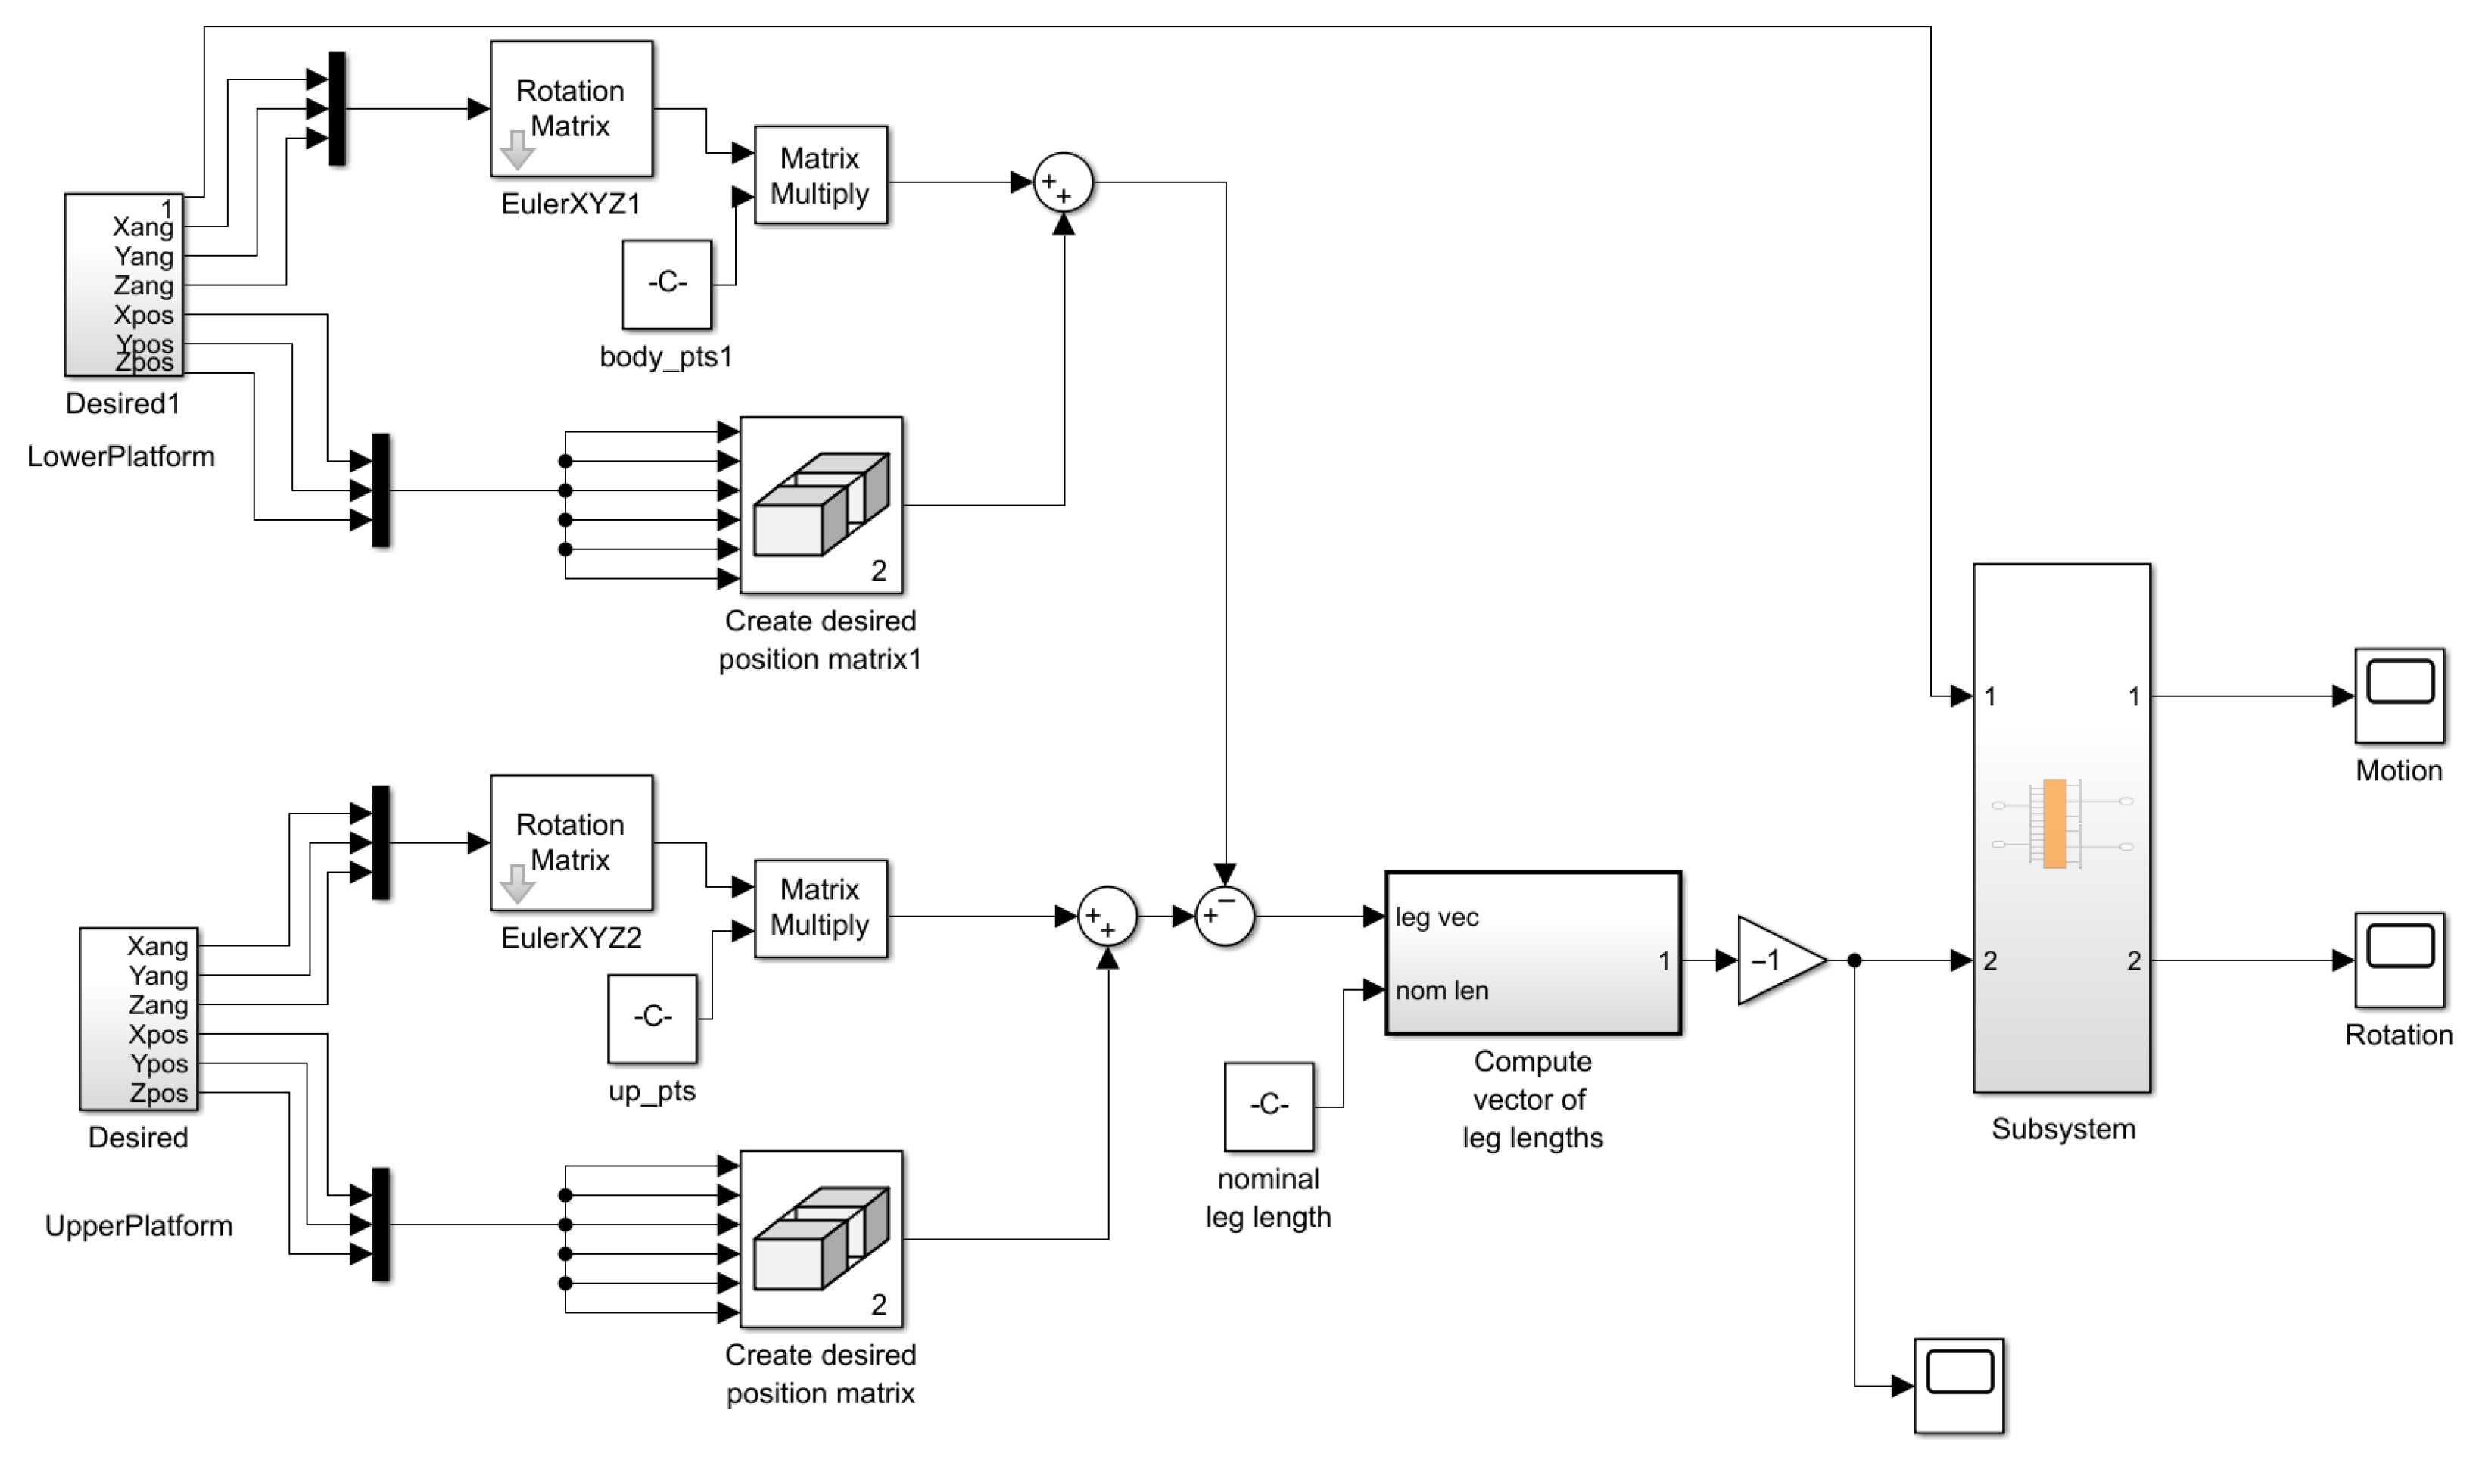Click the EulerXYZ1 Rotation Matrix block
[571, 108]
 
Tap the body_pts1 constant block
[666, 284]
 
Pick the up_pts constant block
[652, 1017]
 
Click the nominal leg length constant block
[1268, 1105]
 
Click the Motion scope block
[2398, 694]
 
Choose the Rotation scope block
[2398, 958]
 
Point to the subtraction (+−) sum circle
[1223, 916]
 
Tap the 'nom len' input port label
[1441, 990]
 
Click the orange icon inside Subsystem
[2054, 823]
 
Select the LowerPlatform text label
[120, 456]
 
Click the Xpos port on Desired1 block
[144, 315]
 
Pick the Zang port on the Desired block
[157, 1004]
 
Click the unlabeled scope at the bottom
[1958, 1384]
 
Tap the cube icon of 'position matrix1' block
[820, 504]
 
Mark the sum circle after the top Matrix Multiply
[1063, 182]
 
